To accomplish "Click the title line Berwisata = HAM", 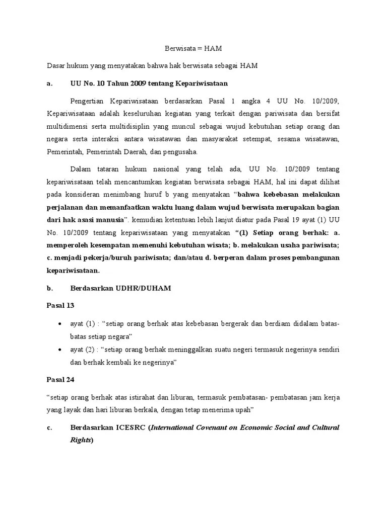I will (x=193, y=48).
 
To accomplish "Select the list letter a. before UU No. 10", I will (x=49, y=83).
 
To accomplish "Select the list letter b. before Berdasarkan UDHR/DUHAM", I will (x=49, y=288).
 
